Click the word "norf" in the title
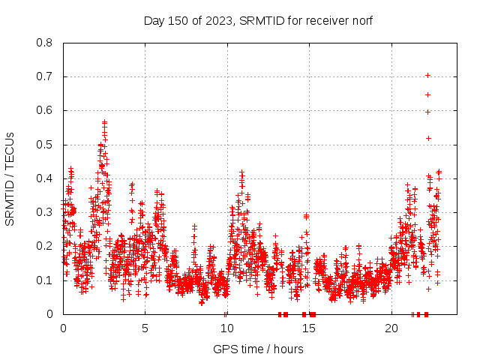361,20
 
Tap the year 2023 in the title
218,20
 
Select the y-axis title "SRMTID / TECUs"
10,178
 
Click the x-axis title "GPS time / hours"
258,349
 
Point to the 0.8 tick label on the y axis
45,43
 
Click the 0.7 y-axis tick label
45,76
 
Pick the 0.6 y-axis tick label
45,110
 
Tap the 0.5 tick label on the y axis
45,145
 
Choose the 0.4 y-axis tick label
45,178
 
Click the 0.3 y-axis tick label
45,212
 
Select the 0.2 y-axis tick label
45,246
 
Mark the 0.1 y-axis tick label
45,280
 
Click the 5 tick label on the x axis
145,328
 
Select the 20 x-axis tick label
391,328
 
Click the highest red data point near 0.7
427,75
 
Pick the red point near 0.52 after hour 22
428,138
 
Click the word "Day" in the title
154,20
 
